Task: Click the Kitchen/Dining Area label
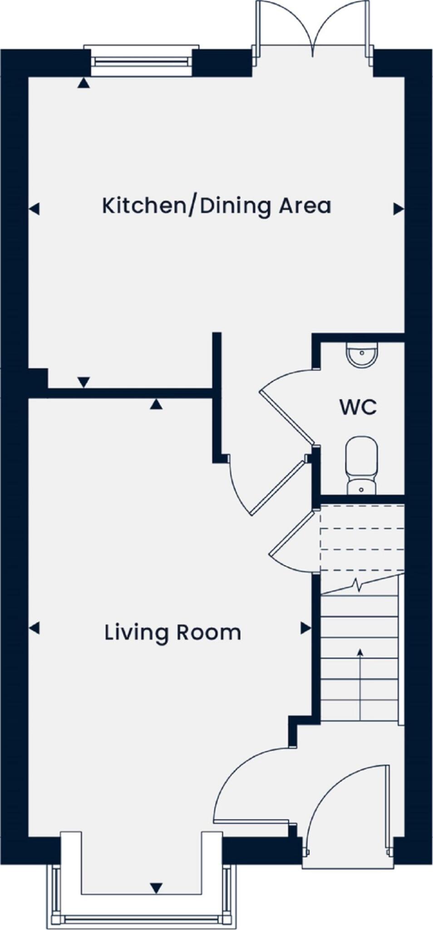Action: pyautogui.click(x=216, y=206)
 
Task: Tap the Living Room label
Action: pyautogui.click(x=172, y=633)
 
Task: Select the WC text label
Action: pyautogui.click(x=358, y=407)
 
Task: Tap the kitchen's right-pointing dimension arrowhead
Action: pyautogui.click(x=398, y=209)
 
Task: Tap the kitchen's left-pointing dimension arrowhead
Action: pyautogui.click(x=34, y=209)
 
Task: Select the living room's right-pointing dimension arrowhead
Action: pyautogui.click(x=306, y=628)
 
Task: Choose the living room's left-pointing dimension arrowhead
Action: pyautogui.click(x=34, y=628)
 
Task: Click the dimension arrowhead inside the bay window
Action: pyautogui.click(x=156, y=888)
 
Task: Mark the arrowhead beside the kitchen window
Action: pyautogui.click(x=83, y=83)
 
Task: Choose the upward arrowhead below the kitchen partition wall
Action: pyautogui.click(x=156, y=404)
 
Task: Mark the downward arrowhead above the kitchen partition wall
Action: pyautogui.click(x=83, y=382)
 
